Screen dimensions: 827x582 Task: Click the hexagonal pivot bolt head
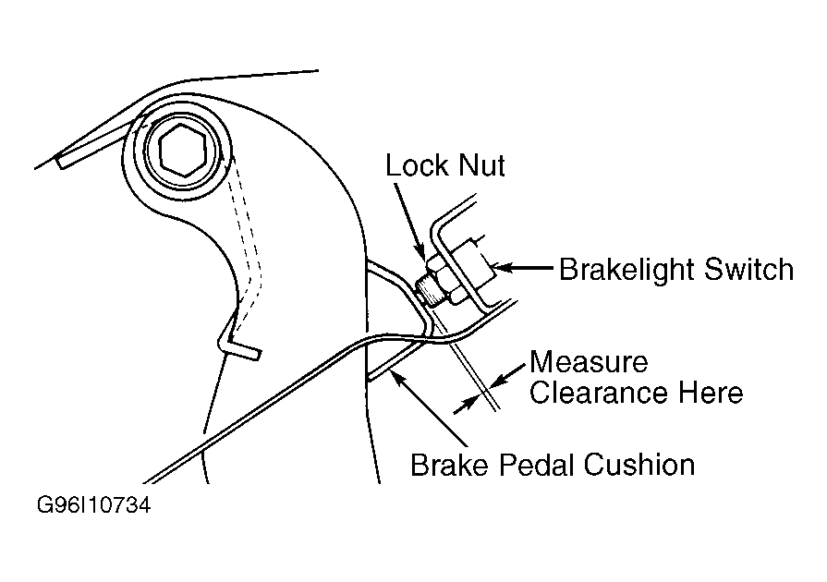(181, 150)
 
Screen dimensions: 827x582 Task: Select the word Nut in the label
(482, 165)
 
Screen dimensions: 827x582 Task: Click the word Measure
(589, 361)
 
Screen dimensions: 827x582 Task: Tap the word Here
(711, 393)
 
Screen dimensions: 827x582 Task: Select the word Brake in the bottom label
(450, 465)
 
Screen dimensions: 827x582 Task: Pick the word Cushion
(638, 465)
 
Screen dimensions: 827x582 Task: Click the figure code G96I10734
(94, 505)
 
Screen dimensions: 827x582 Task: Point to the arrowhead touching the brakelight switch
(500, 268)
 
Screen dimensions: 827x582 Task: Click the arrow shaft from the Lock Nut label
(409, 220)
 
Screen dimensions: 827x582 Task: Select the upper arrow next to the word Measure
(508, 375)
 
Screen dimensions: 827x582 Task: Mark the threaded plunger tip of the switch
(423, 292)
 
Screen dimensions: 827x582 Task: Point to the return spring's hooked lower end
(238, 345)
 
